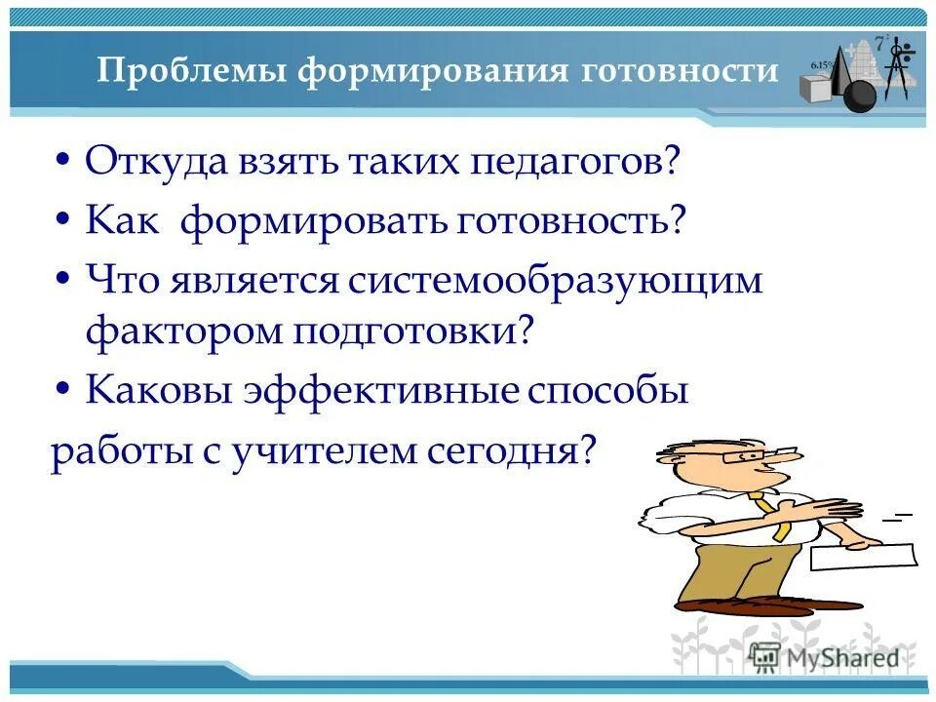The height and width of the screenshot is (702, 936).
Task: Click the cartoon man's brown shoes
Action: (x=731, y=606)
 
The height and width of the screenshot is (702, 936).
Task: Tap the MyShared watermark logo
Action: (x=825, y=656)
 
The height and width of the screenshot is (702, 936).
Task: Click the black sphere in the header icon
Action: (x=859, y=96)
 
